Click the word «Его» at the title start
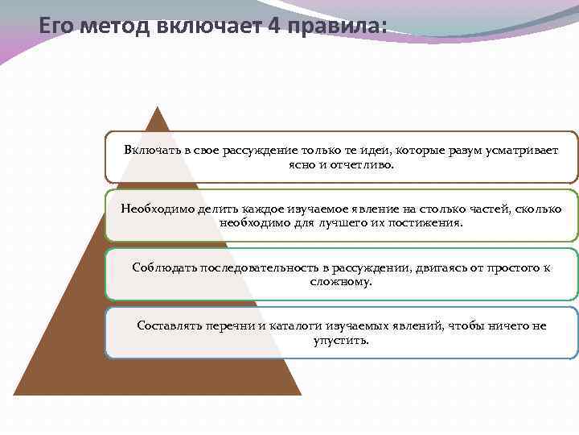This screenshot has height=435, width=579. [x=59, y=27]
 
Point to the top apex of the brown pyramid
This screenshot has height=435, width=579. [x=158, y=107]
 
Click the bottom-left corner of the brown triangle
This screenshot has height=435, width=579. [x=14, y=395]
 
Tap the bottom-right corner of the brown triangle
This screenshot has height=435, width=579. [x=301, y=395]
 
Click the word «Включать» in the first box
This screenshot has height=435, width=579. [x=152, y=151]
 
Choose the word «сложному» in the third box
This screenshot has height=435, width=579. [x=341, y=281]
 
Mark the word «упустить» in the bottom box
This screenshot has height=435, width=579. [x=341, y=339]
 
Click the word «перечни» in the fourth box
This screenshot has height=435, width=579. [x=232, y=325]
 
